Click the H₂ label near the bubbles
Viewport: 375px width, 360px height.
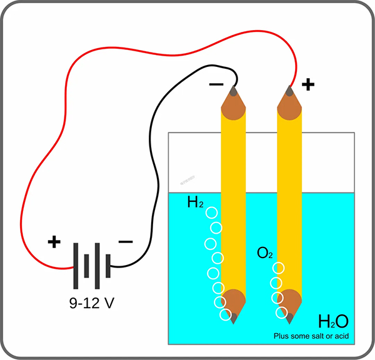point(196,202)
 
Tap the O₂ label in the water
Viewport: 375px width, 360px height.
point(265,253)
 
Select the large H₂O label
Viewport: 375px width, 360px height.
point(332,322)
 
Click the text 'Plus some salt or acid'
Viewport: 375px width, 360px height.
point(310,337)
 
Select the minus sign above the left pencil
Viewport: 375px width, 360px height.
point(216,84)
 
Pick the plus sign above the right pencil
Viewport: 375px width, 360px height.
point(307,84)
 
